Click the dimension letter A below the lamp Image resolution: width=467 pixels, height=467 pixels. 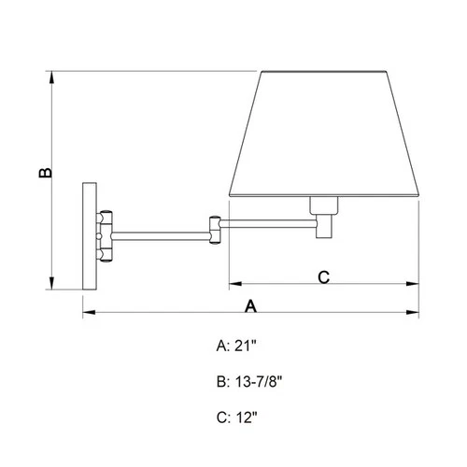pyautogui.click(x=250, y=304)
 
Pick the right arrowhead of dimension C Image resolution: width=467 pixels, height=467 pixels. pyautogui.click(x=415, y=283)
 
